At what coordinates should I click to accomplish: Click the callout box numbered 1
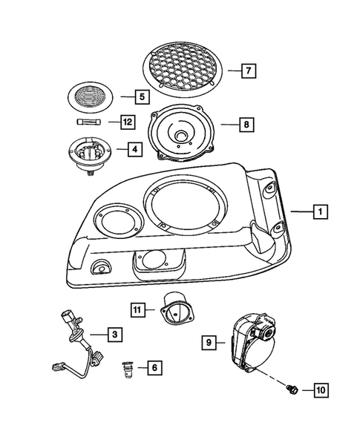pos(319,213)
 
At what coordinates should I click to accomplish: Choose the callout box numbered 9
pos(210,342)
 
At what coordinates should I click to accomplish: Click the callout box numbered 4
pos(134,149)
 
